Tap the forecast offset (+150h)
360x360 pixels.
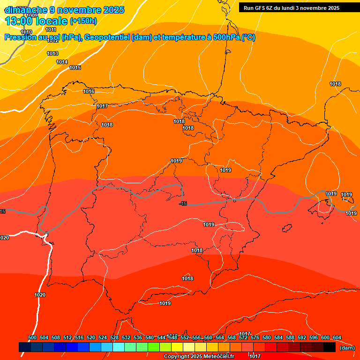83,21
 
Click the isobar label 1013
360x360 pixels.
52,54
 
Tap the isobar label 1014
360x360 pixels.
62,62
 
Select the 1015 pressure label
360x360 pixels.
75,68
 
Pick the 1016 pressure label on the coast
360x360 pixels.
89,91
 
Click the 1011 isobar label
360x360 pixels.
51,30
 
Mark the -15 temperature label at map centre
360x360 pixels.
183,203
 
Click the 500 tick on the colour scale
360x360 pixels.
32,337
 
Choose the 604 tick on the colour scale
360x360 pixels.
337,337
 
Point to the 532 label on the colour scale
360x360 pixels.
126,337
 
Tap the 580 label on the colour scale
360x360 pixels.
267,337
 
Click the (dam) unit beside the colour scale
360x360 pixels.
347,348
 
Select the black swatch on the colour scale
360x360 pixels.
330,347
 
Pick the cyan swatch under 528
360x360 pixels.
119,347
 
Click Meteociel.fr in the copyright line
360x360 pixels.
218,357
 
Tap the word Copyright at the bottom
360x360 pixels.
177,357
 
